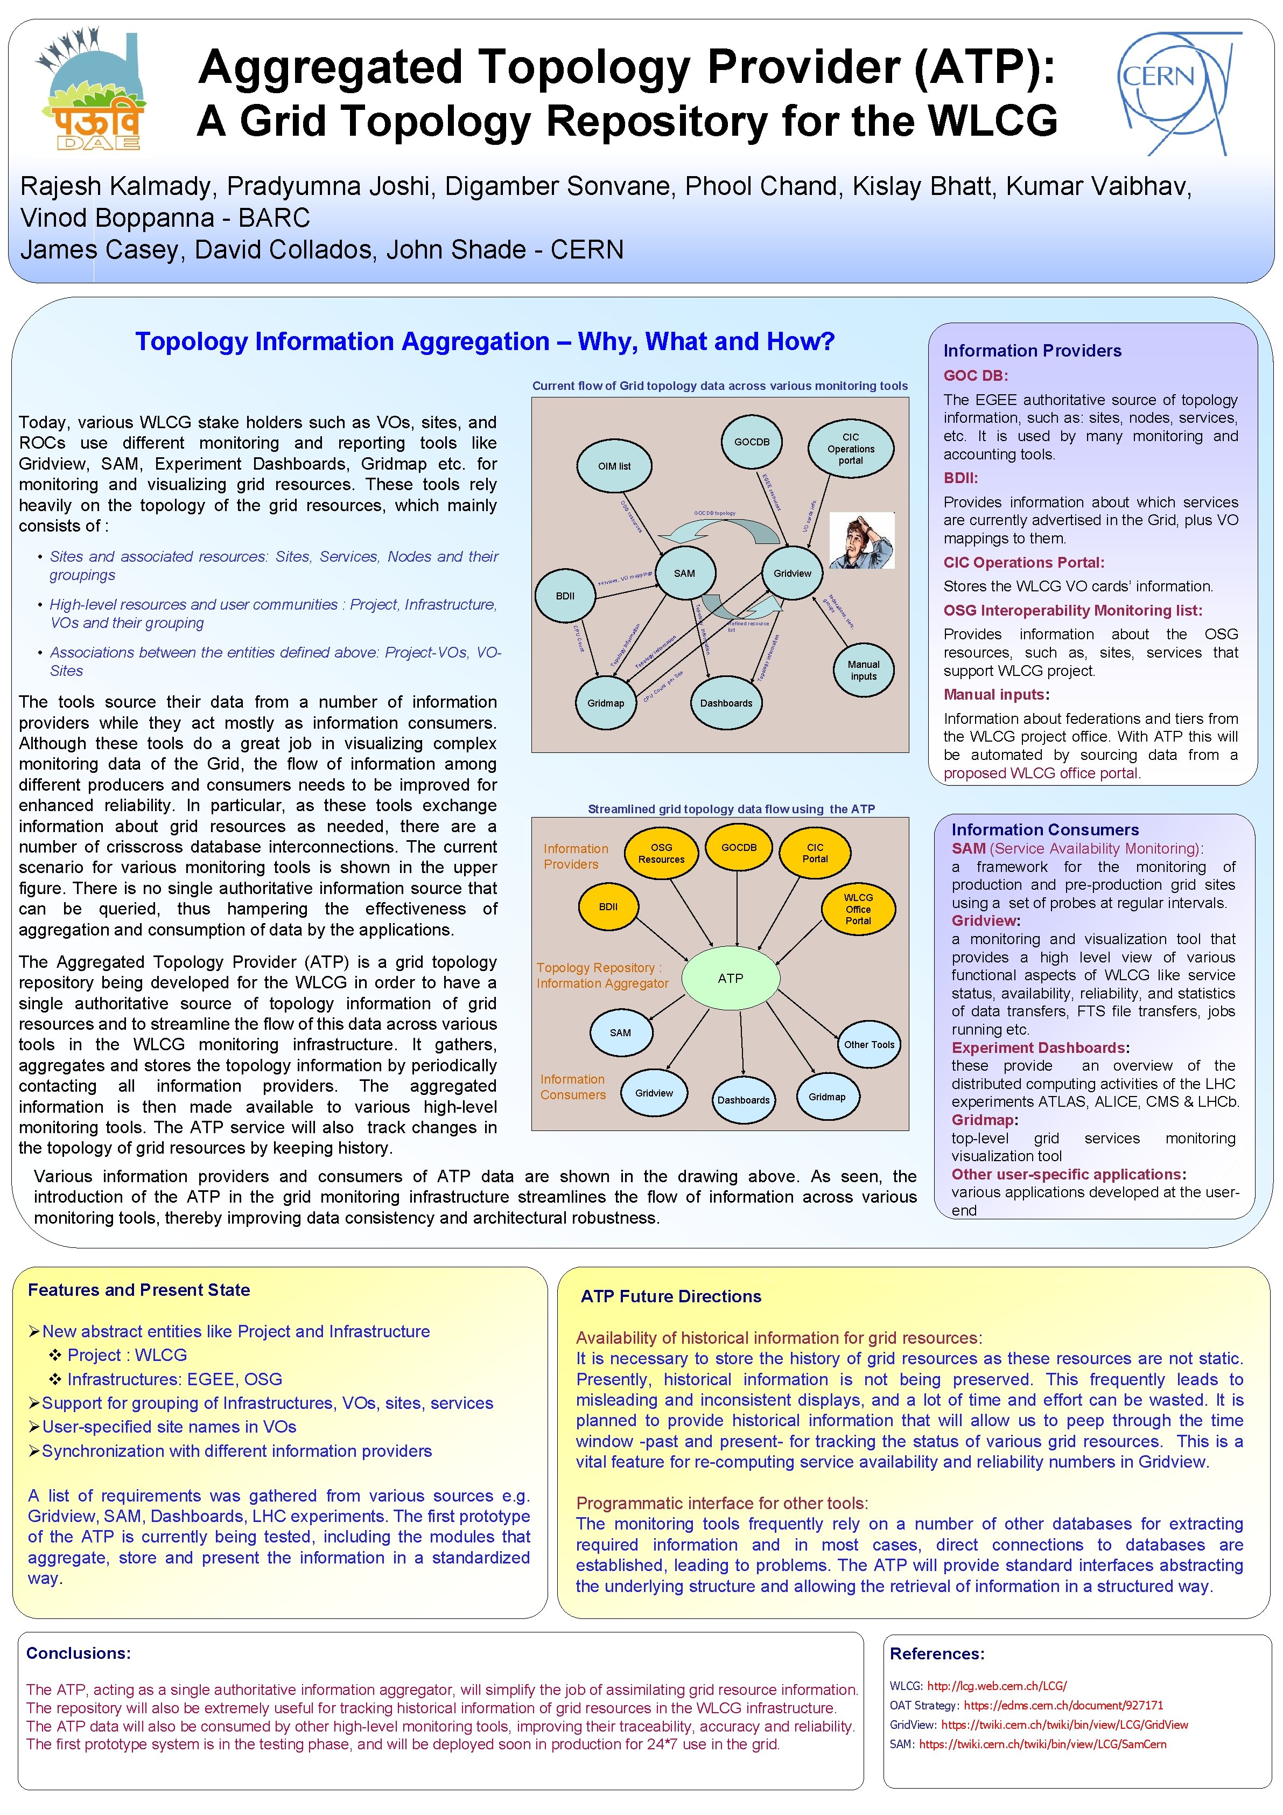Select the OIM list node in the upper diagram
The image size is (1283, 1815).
pyautogui.click(x=614, y=466)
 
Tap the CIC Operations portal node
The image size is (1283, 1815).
pyautogui.click(x=850, y=448)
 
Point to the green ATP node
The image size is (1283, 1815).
pyautogui.click(x=730, y=978)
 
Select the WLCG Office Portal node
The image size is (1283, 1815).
pyautogui.click(x=858, y=909)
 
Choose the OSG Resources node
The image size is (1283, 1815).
pyautogui.click(x=661, y=853)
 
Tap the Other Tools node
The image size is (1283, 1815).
pyautogui.click(x=869, y=1044)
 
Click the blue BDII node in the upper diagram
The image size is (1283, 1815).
pyautogui.click(x=565, y=595)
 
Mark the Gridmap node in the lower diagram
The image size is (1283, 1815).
pyautogui.click(x=826, y=1097)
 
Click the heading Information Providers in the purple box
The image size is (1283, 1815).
pyautogui.click(x=1032, y=350)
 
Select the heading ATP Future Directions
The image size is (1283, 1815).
pyautogui.click(x=671, y=1296)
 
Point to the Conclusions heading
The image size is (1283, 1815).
pyautogui.click(x=78, y=1653)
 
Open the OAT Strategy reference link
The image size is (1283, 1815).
pyautogui.click(x=1063, y=1705)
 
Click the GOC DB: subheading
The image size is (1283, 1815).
pyautogui.click(x=976, y=375)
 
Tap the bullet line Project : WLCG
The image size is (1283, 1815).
pyautogui.click(x=127, y=1355)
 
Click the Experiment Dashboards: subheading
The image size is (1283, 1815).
pyautogui.click(x=1040, y=1048)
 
